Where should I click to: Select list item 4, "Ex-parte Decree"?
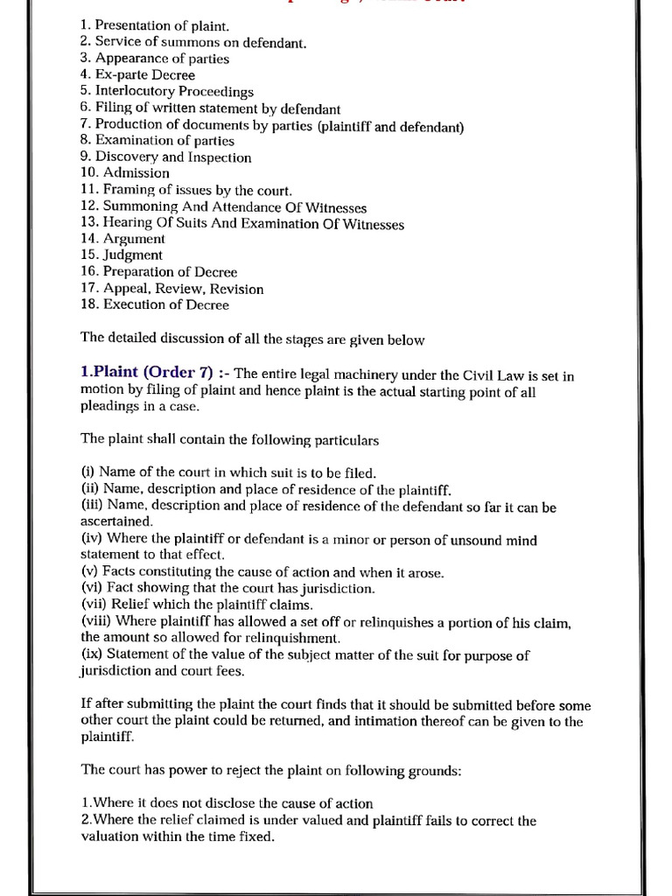click(136, 75)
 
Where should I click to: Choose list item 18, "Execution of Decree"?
click(154, 305)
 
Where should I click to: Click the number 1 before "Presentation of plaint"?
click(84, 25)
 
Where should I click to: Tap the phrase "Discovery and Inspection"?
click(172, 157)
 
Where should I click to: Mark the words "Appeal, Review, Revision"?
click(183, 289)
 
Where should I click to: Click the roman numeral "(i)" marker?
click(87, 473)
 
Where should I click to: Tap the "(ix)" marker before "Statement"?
click(91, 655)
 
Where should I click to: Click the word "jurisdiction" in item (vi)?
click(336, 589)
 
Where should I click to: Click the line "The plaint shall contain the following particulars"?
click(230, 439)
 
